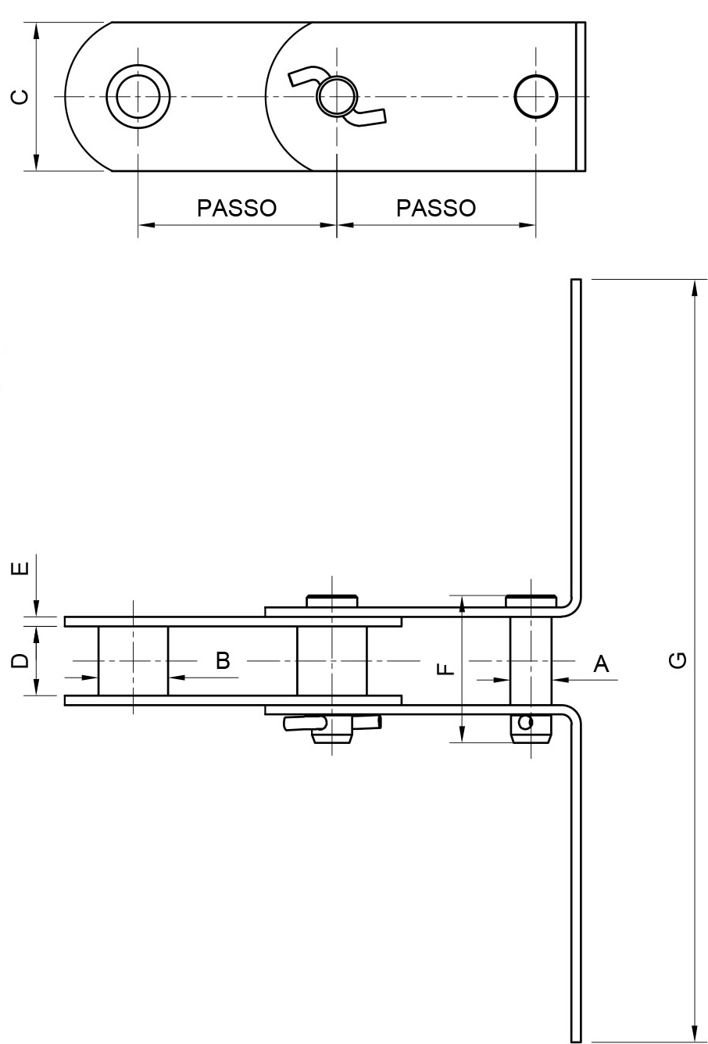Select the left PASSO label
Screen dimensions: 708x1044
click(237, 208)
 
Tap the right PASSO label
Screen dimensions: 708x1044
click(436, 208)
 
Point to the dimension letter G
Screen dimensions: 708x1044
click(680, 660)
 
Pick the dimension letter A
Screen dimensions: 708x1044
click(601, 663)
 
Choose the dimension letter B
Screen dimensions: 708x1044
click(223, 660)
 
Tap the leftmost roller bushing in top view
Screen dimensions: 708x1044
click(138, 96)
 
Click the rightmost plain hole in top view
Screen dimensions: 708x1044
click(535, 96)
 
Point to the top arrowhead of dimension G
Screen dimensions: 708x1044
click(695, 288)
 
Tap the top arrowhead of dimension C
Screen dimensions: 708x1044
click(36, 30)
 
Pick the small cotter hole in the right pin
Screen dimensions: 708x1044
click(525, 722)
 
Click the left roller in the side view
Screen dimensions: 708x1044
click(134, 661)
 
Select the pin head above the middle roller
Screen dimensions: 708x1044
click(332, 601)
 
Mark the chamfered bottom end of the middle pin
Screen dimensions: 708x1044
click(332, 738)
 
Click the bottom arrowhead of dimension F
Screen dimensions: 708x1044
click(461, 733)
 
